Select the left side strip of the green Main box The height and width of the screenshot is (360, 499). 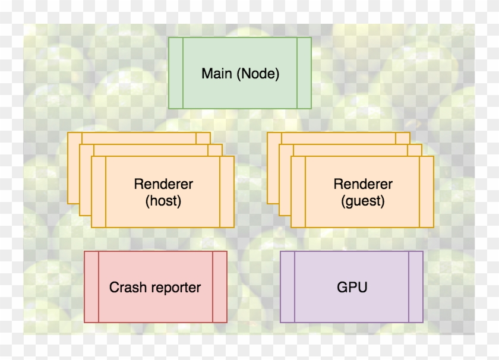point(175,73)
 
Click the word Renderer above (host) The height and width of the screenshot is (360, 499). point(163,184)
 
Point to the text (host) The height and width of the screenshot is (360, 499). point(163,201)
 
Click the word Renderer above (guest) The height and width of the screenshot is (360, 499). point(363,184)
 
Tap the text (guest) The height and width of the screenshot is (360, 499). point(363,201)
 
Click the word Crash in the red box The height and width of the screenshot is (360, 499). point(127,288)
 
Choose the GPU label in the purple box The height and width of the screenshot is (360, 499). point(352,288)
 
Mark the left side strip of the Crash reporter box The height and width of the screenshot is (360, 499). point(91,287)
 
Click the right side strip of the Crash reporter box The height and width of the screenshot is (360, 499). point(220,287)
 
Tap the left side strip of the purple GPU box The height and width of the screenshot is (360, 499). point(288,287)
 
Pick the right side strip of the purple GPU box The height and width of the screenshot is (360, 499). point(416,287)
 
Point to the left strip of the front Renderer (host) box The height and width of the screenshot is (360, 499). point(99,192)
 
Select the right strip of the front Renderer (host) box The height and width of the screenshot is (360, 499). point(227,192)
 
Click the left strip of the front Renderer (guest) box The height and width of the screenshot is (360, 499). point(298,192)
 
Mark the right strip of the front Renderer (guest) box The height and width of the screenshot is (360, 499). point(427,192)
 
